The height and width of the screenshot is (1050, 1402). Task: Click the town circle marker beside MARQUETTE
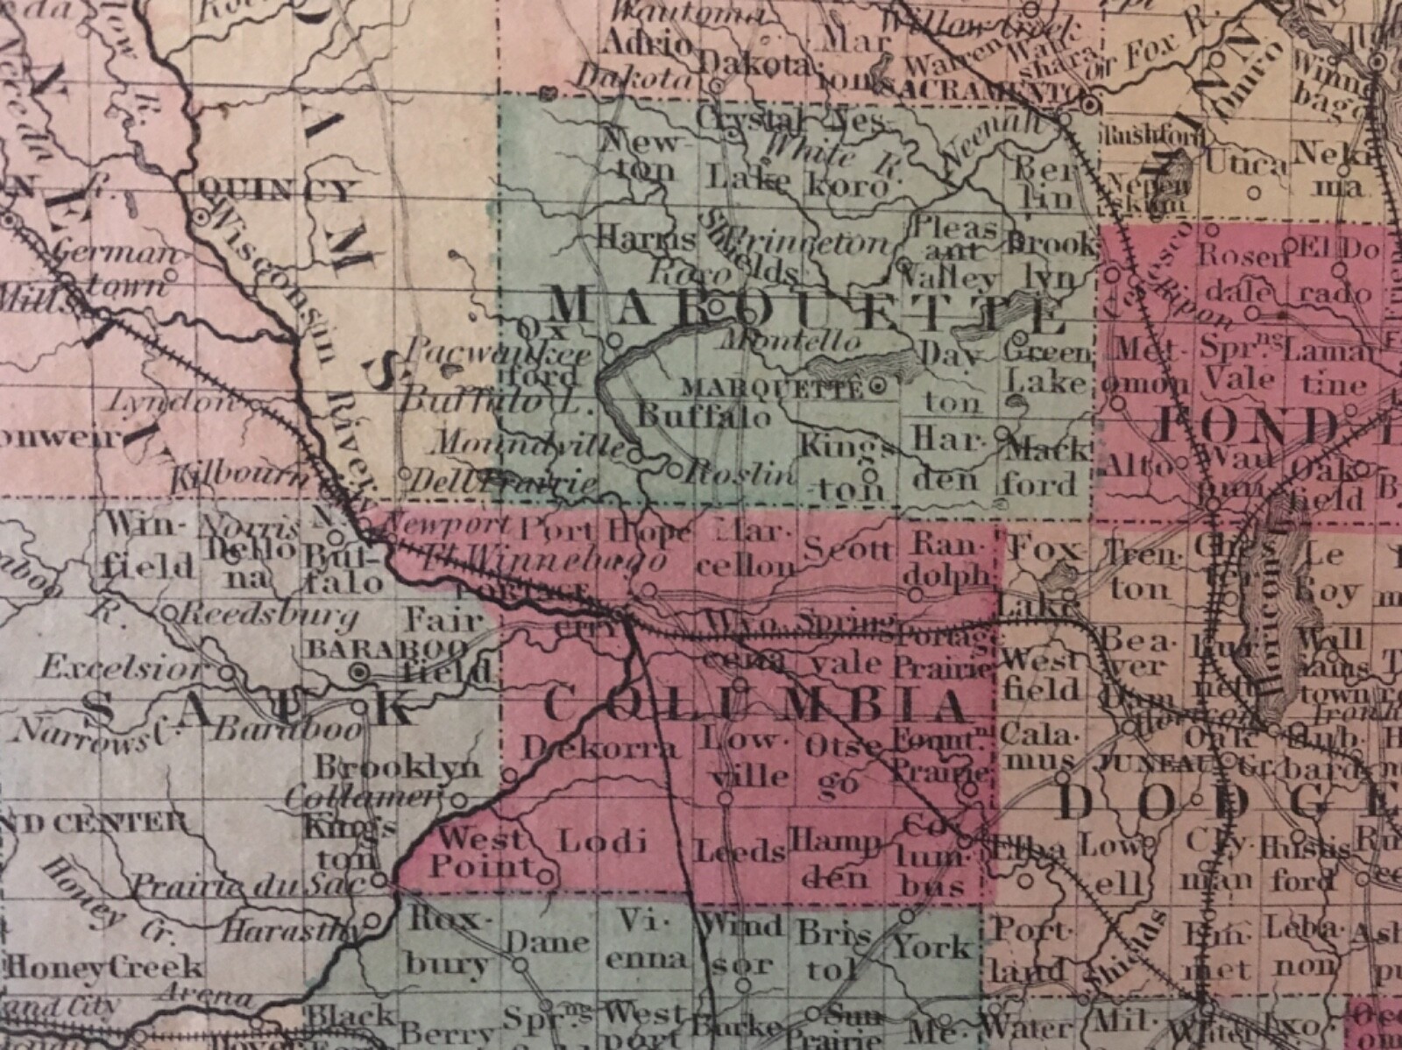coord(879,384)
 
